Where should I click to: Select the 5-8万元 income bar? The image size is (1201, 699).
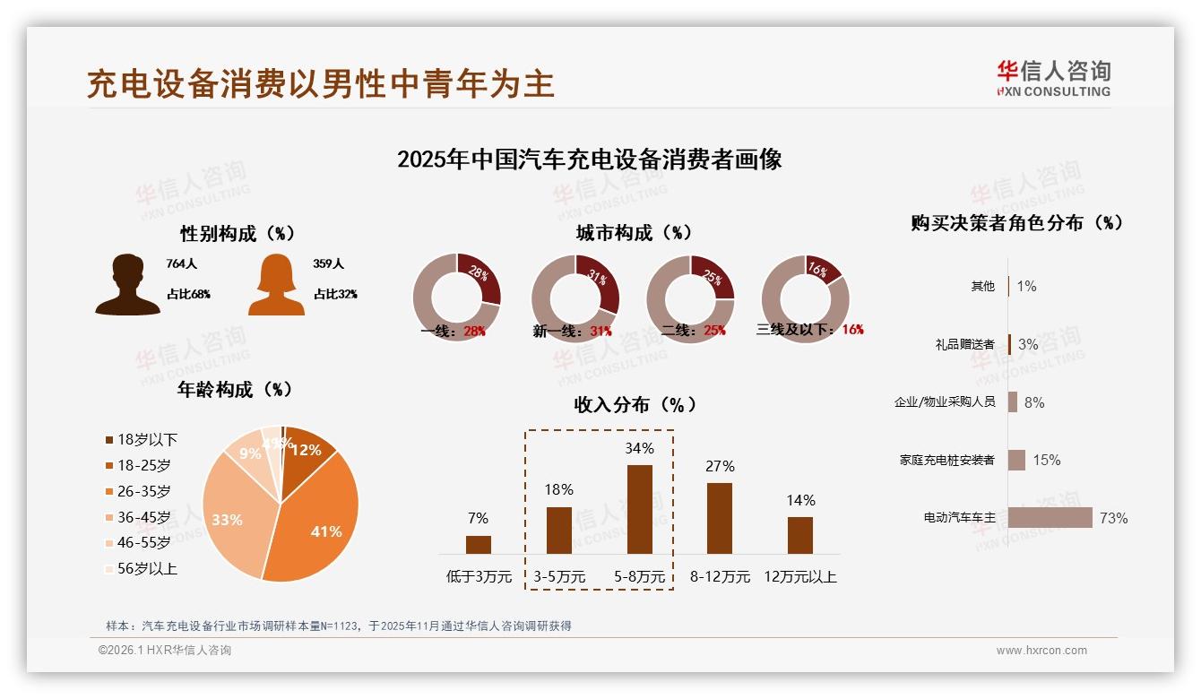click(640, 509)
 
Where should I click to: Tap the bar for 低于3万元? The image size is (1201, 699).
click(479, 545)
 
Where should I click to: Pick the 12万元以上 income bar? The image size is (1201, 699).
click(800, 535)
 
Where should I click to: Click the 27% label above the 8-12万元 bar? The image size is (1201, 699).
click(720, 466)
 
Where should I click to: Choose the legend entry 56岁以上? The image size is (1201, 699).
click(141, 568)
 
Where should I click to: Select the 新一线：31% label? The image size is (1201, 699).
click(572, 331)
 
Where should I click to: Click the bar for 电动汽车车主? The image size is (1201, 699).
click(1050, 518)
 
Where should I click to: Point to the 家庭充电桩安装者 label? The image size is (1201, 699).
click(946, 460)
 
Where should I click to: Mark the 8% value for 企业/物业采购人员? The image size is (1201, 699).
click(1034, 402)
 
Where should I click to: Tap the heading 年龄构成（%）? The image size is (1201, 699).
click(236, 390)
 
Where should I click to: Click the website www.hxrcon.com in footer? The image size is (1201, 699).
click(1041, 651)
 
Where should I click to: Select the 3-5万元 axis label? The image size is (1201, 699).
click(559, 577)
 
